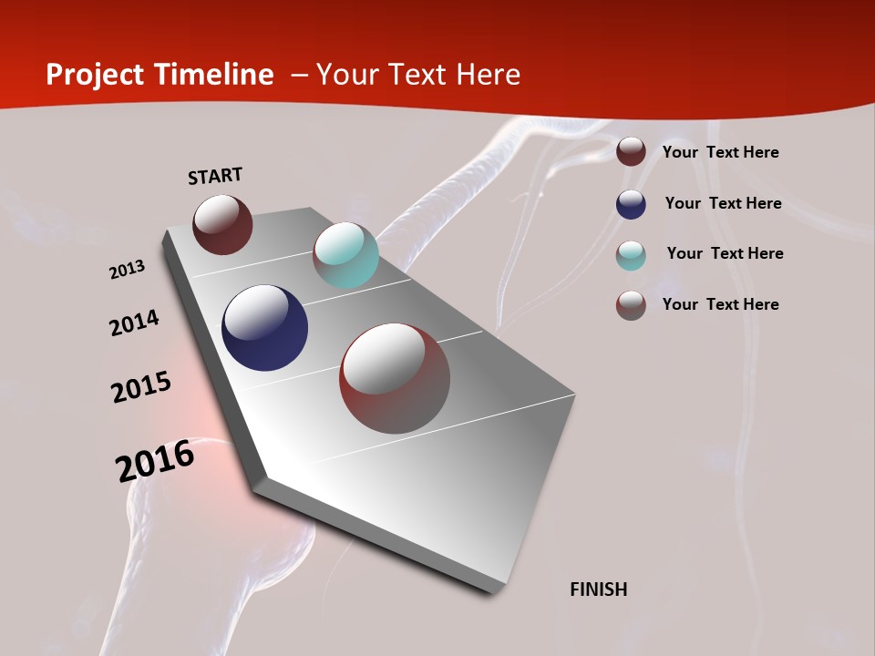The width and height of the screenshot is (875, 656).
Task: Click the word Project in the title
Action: (95, 75)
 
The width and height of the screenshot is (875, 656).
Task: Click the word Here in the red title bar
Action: (488, 75)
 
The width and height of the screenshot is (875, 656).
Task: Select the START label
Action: (215, 176)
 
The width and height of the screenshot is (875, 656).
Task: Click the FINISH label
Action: (599, 589)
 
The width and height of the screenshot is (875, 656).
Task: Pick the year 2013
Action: (127, 270)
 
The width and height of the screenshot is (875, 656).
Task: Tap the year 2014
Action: (134, 323)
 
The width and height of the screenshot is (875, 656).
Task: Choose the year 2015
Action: (141, 387)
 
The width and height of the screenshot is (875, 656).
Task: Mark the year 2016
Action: (155, 460)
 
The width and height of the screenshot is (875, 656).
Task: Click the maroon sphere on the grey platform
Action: (222, 224)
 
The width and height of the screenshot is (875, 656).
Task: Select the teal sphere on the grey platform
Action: (345, 255)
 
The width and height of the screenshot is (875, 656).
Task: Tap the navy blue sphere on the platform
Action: (264, 328)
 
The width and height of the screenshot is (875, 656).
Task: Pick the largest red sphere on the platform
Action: (395, 378)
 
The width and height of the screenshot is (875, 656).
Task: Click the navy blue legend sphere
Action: (631, 204)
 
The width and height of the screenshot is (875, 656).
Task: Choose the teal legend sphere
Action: (631, 255)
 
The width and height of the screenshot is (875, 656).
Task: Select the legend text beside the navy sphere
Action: (723, 203)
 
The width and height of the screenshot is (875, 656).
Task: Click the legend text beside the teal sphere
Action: (725, 253)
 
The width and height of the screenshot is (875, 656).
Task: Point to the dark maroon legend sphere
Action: (631, 152)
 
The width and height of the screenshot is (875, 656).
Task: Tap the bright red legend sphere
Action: (631, 305)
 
